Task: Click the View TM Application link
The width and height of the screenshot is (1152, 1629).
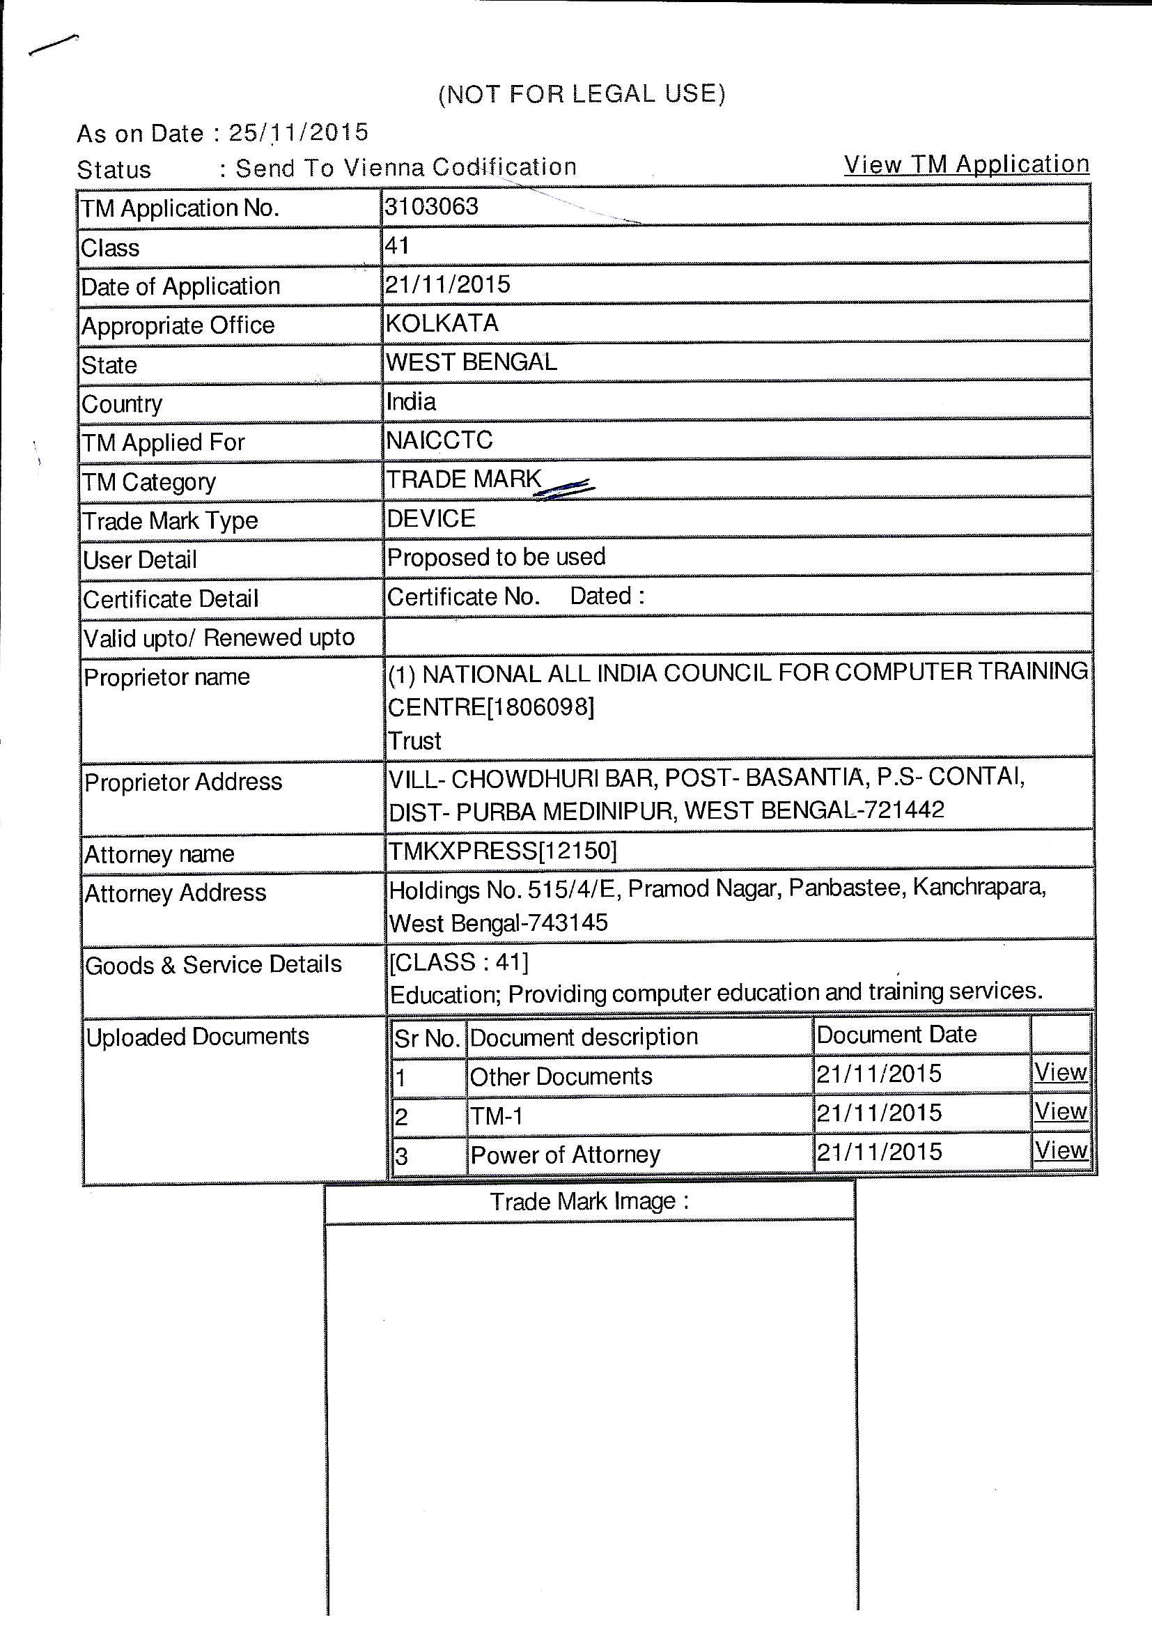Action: click(x=966, y=164)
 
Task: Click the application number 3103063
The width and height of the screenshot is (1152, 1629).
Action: click(x=431, y=206)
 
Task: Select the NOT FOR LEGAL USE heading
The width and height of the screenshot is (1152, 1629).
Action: click(x=582, y=93)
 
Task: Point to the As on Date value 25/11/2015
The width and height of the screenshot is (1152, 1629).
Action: click(x=299, y=132)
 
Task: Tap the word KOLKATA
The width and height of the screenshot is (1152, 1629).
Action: click(x=442, y=323)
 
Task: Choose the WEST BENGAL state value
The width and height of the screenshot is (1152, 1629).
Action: click(x=471, y=362)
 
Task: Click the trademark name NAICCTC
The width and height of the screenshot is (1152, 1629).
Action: click(x=439, y=440)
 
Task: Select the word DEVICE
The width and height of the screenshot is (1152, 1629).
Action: click(x=430, y=518)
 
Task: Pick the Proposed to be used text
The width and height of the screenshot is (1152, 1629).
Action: click(x=496, y=557)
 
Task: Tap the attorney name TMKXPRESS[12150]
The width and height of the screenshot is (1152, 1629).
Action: click(x=502, y=851)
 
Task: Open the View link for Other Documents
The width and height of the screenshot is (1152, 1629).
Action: click(x=1061, y=1073)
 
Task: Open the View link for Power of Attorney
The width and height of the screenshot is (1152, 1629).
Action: click(x=1061, y=1151)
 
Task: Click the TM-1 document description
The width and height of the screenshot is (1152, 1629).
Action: click(x=497, y=1116)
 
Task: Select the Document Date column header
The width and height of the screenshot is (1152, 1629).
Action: click(x=896, y=1035)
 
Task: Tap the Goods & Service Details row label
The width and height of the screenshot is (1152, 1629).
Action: click(x=213, y=965)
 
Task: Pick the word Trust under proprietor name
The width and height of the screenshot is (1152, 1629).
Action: click(x=414, y=741)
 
